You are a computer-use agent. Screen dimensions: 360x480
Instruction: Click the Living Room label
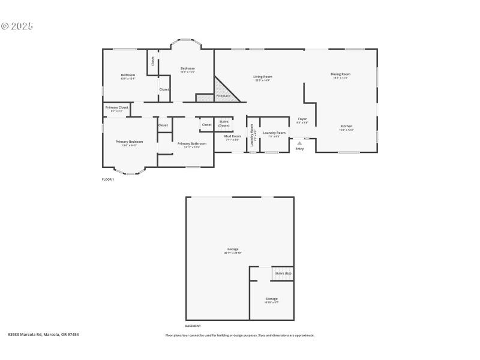click(x=263, y=77)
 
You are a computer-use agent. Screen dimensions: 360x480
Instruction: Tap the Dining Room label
click(x=340, y=74)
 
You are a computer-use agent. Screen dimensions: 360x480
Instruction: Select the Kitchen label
click(x=346, y=126)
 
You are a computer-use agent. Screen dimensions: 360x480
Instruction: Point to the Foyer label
click(x=302, y=119)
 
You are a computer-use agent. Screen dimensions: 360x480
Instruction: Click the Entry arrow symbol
click(x=299, y=143)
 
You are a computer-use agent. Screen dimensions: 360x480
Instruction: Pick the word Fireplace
click(x=223, y=96)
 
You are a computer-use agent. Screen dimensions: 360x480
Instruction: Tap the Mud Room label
click(x=232, y=136)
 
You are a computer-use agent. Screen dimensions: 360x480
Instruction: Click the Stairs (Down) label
click(x=224, y=123)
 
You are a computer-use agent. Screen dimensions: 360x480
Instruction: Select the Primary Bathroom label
click(x=192, y=143)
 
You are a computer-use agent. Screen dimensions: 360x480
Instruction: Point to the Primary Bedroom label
click(x=130, y=142)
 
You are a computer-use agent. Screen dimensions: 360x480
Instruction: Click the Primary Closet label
click(x=117, y=108)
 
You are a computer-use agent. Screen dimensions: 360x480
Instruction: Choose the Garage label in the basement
click(x=233, y=249)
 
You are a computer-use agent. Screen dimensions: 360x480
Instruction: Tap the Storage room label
click(x=272, y=299)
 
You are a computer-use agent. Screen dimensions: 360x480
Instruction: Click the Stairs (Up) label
click(x=283, y=273)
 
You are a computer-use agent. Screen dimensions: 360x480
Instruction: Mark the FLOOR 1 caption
click(x=108, y=179)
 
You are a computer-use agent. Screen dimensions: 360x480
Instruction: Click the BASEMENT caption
click(x=193, y=326)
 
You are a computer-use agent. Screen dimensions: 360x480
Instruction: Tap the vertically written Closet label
click(x=152, y=61)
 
